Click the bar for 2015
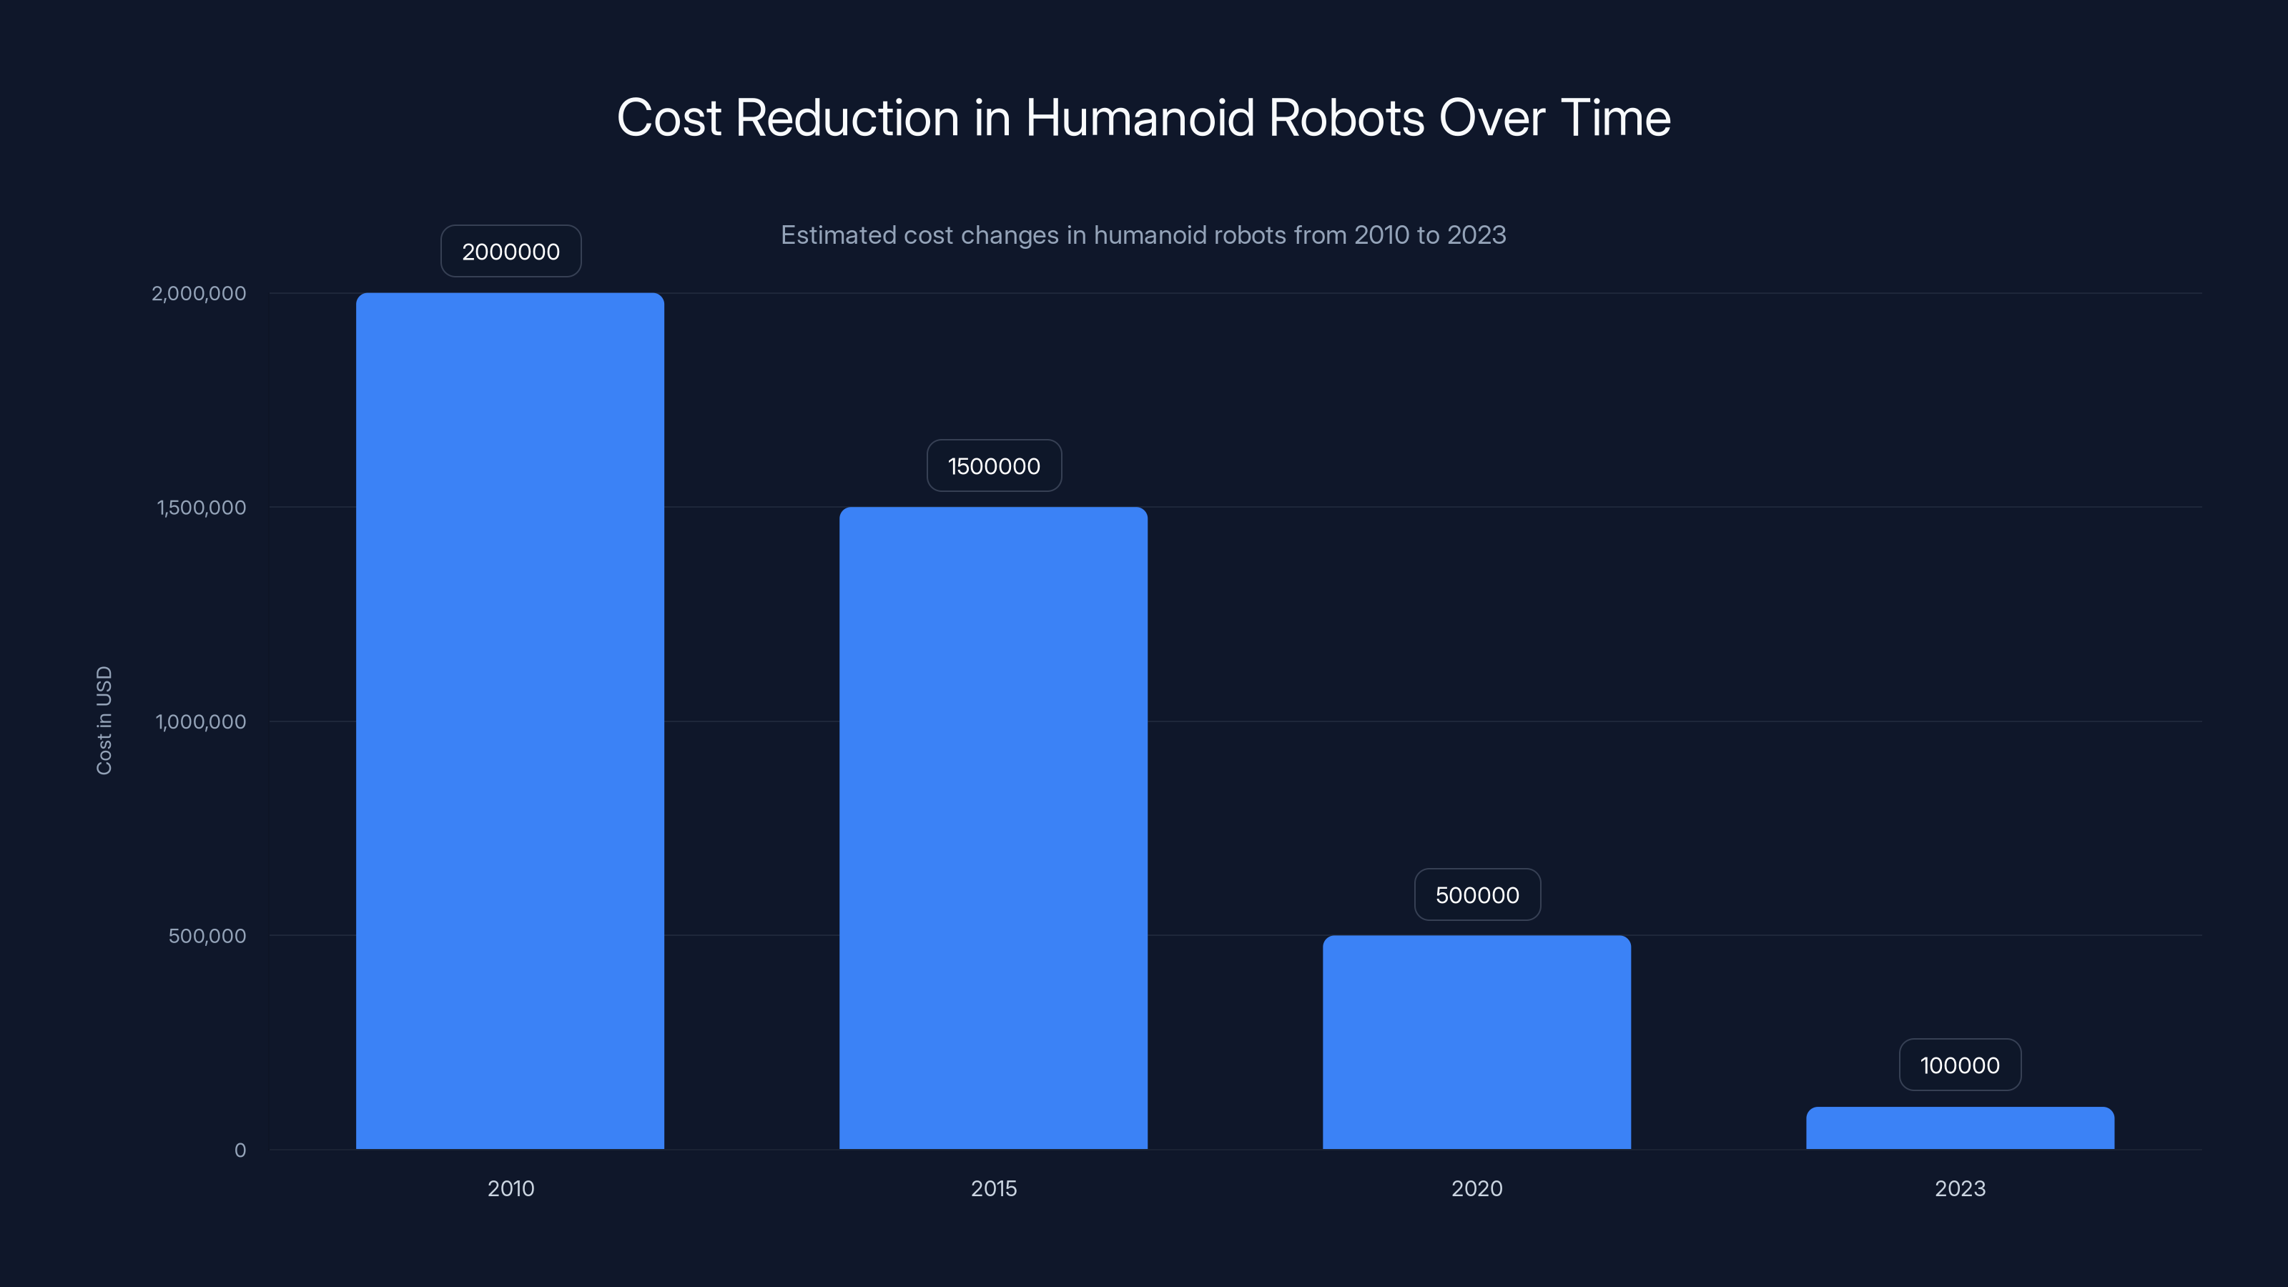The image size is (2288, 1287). (x=993, y=827)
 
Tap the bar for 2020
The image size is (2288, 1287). (x=1476, y=1042)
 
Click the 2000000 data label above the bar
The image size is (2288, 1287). (x=511, y=252)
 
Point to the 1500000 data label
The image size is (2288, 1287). (x=994, y=465)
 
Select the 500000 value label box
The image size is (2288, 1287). (x=1477, y=894)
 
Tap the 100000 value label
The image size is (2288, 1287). (x=1959, y=1065)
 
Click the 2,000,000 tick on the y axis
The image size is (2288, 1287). (x=199, y=293)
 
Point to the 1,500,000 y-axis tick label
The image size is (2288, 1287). (x=202, y=507)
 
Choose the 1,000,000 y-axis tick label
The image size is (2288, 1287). (x=201, y=721)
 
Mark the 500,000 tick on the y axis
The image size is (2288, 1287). (x=207, y=935)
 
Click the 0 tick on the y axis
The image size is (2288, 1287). (x=240, y=1150)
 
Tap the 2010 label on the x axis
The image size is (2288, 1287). (x=511, y=1188)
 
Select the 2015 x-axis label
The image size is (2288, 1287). (x=993, y=1188)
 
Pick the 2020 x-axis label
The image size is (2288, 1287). (x=1476, y=1188)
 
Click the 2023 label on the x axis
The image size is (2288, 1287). (x=1959, y=1188)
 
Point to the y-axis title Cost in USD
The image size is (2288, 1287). (x=104, y=720)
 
